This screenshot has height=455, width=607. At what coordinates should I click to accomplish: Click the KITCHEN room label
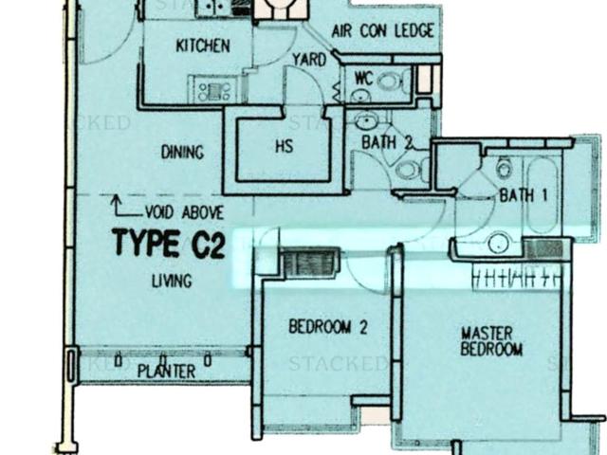pyautogui.click(x=203, y=45)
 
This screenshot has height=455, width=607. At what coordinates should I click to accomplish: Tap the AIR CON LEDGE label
pyautogui.click(x=382, y=30)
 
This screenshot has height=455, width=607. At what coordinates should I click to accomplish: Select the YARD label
pyautogui.click(x=309, y=60)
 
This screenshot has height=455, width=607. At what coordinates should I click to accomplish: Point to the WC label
pyautogui.click(x=363, y=78)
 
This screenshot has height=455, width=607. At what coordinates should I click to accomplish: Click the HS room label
pyautogui.click(x=284, y=147)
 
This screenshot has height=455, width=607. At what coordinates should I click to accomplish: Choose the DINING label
pyautogui.click(x=183, y=152)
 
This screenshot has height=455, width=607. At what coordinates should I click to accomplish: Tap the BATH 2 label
pyautogui.click(x=387, y=142)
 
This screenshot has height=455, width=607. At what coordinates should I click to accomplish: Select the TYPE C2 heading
pyautogui.click(x=169, y=245)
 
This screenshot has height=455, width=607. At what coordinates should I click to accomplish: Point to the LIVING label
pyautogui.click(x=172, y=281)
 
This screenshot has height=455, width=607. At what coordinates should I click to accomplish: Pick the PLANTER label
pyautogui.click(x=166, y=372)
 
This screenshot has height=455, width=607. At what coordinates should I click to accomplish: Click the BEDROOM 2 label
pyautogui.click(x=327, y=328)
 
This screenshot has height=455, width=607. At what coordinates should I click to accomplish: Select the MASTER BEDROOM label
pyautogui.click(x=491, y=341)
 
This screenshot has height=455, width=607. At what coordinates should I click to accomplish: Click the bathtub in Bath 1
pyautogui.click(x=544, y=195)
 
